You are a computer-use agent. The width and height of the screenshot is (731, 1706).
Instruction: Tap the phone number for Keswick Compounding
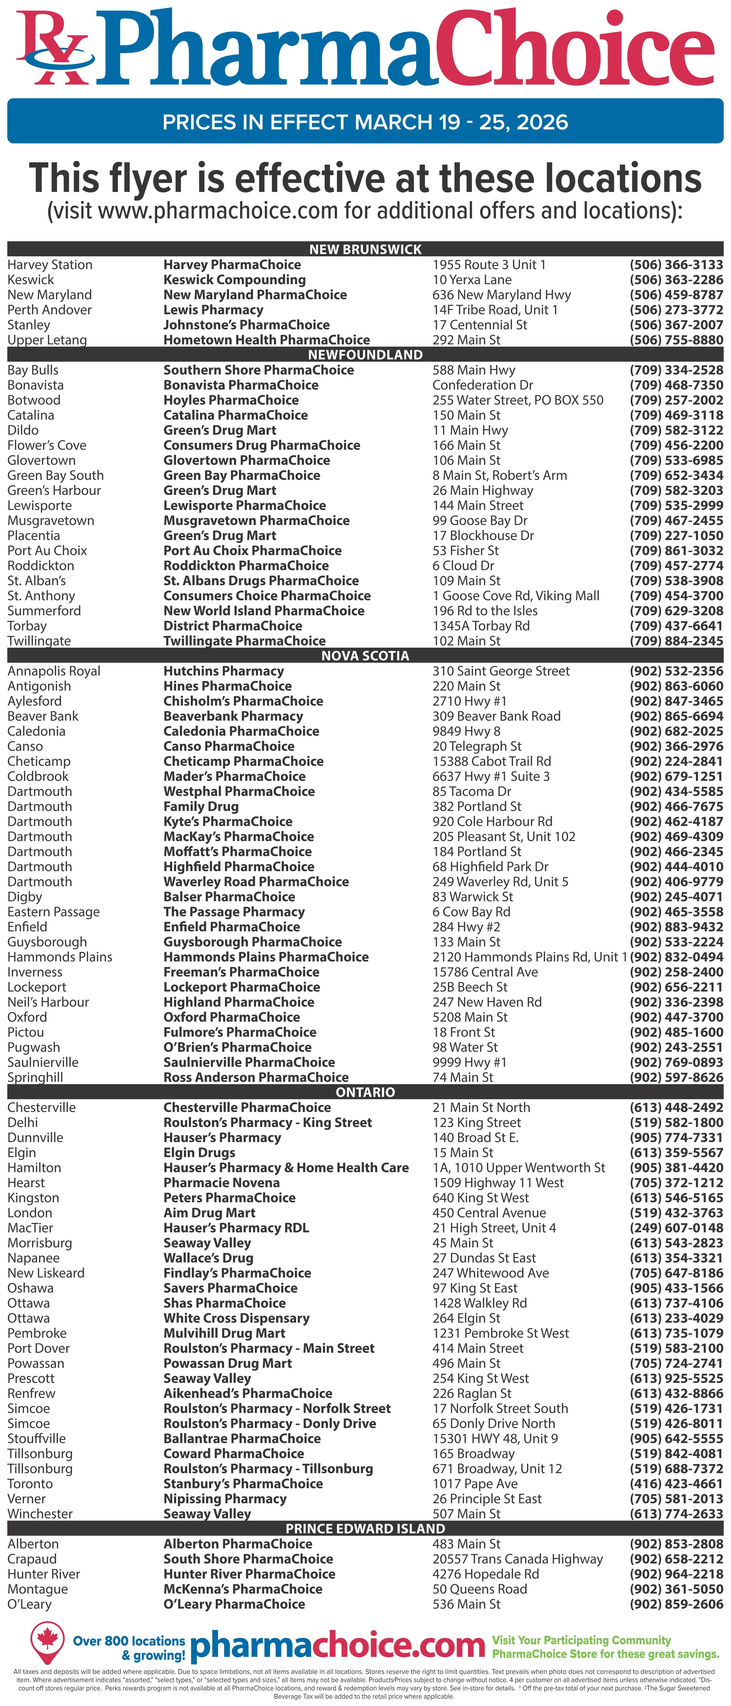click(x=676, y=280)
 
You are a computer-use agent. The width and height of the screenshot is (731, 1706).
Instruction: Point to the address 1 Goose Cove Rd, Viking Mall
click(x=516, y=595)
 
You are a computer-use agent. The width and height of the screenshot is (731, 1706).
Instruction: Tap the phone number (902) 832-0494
click(x=676, y=957)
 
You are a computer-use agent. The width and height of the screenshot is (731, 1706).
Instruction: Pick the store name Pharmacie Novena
click(x=221, y=1183)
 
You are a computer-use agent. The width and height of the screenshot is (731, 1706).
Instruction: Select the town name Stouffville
click(x=36, y=1438)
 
